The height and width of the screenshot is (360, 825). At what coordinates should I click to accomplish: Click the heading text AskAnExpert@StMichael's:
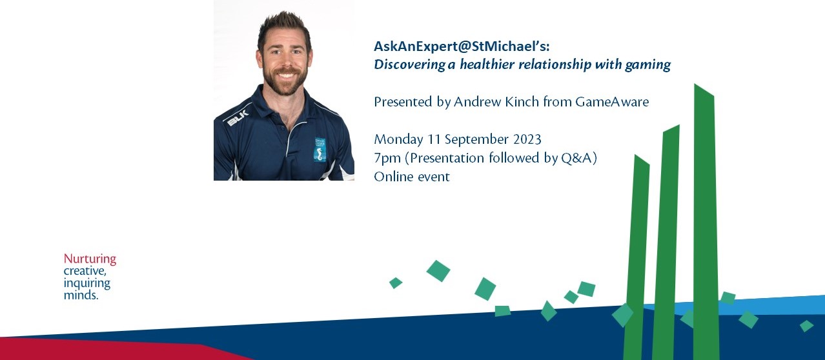coord(462,46)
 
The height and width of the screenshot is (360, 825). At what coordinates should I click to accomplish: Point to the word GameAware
coord(612,101)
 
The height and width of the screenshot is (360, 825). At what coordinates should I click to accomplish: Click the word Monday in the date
coord(398,139)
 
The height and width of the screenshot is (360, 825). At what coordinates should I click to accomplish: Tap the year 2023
coord(527,139)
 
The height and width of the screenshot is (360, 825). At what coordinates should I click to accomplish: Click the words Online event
coord(412,177)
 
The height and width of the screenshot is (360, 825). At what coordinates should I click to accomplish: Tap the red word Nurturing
coord(90,259)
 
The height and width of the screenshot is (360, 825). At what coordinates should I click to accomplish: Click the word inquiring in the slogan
coord(87,283)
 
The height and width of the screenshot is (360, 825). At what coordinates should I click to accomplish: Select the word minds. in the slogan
coord(81,295)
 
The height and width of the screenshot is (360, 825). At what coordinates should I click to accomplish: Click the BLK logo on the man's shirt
coord(238,117)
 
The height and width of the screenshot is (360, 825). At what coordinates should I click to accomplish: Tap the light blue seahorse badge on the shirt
coord(320,150)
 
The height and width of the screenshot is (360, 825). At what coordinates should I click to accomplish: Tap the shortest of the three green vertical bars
coord(636,257)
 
